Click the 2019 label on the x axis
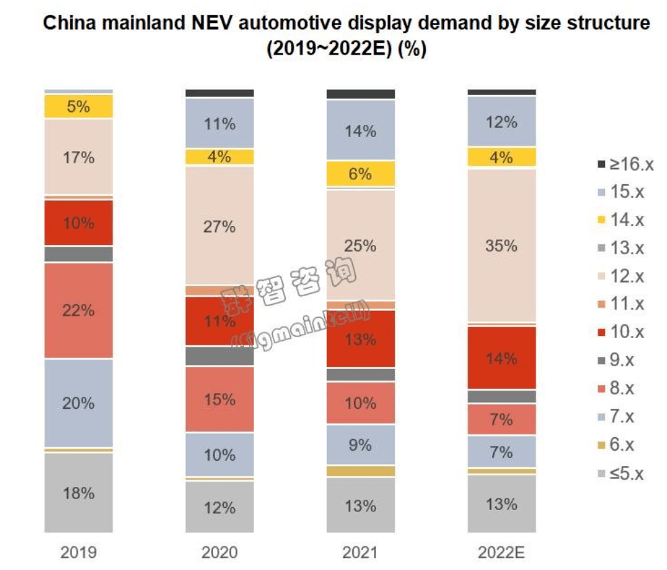pyautogui.click(x=79, y=553)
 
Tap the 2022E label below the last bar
pyautogui.click(x=502, y=553)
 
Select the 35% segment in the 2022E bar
pyautogui.click(x=502, y=246)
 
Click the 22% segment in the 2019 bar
pyautogui.click(x=79, y=310)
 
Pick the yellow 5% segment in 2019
pyautogui.click(x=79, y=107)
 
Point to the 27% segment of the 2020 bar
pyautogui.click(x=220, y=226)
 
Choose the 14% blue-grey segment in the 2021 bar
pyautogui.click(x=360, y=131)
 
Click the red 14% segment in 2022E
pyautogui.click(x=502, y=358)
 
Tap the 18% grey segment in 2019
pyautogui.click(x=79, y=492)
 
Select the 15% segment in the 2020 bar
pyautogui.click(x=220, y=399)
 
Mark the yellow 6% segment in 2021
pyautogui.click(x=360, y=174)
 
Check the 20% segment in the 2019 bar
pyautogui.click(x=79, y=403)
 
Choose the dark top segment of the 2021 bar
pyautogui.click(x=360, y=94)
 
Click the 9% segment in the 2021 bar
pyautogui.click(x=360, y=445)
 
